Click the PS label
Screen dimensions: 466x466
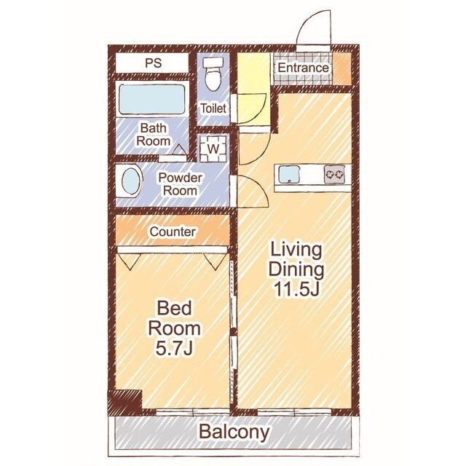tap(154, 63)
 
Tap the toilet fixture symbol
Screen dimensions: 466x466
tap(212, 74)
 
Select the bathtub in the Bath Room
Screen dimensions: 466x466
tap(152, 100)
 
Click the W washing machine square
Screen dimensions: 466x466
tap(213, 149)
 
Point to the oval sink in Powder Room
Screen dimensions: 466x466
tap(130, 181)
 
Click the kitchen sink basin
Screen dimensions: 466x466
tap(289, 175)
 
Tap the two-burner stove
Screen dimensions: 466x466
tap(335, 174)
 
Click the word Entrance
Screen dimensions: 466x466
tap(303, 68)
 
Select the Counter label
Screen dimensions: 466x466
tap(173, 232)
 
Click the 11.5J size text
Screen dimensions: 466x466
tap(296, 289)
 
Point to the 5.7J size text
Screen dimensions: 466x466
tap(175, 348)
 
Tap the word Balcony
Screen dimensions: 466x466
tap(234, 432)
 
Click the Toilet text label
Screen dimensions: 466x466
tap(213, 108)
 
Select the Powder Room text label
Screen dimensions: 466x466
tap(180, 184)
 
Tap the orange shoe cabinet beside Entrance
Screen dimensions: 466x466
tap(341, 68)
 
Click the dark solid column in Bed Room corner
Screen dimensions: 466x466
tap(125, 401)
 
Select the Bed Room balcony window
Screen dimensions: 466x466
tap(192, 412)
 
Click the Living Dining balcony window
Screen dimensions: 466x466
tap(294, 412)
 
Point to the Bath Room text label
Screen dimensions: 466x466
tap(154, 134)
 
